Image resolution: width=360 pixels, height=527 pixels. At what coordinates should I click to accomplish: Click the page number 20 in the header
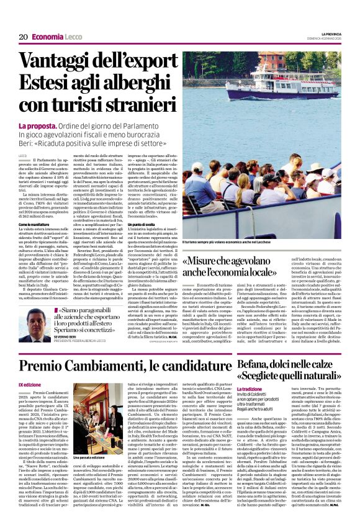point(23,37)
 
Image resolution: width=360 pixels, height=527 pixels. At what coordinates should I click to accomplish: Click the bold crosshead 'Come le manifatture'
point(34,223)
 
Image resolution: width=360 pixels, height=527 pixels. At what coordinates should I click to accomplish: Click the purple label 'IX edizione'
point(29,385)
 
